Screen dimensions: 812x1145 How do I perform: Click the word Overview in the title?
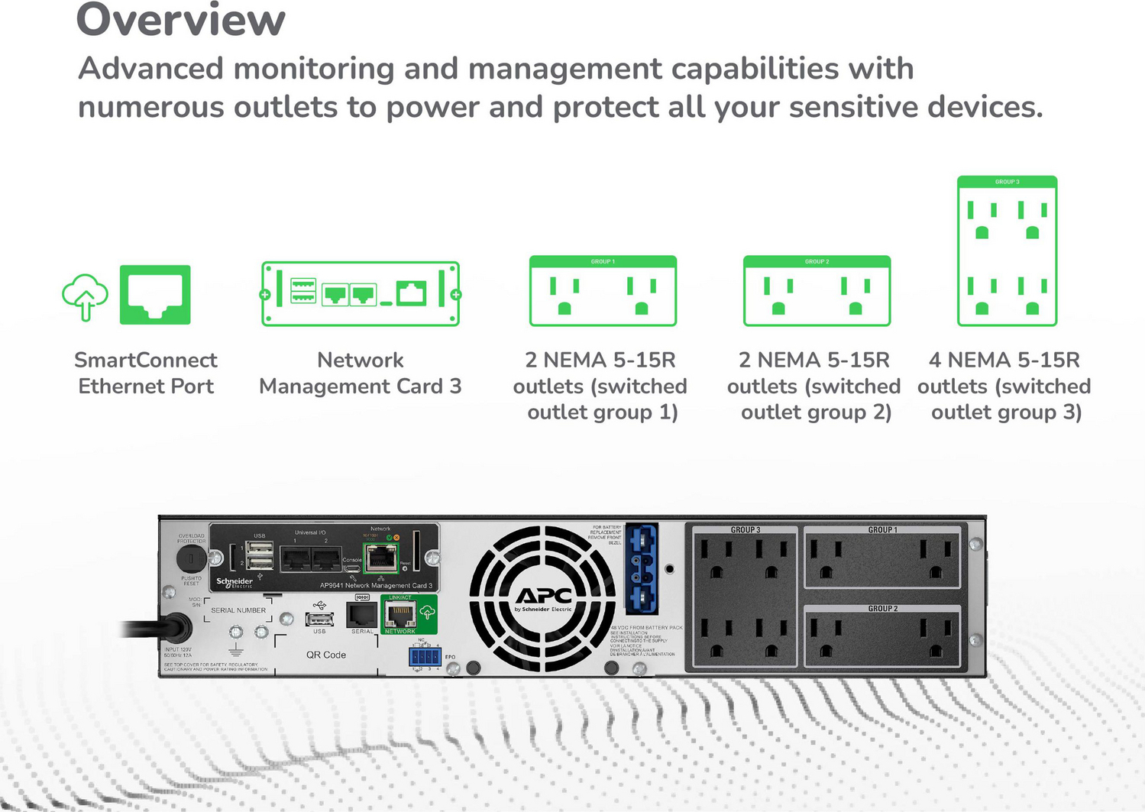[x=180, y=20]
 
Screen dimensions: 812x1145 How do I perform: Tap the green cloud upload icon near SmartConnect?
[x=85, y=296]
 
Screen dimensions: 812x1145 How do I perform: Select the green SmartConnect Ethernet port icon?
[x=155, y=295]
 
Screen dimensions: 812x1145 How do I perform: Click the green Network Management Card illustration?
[x=361, y=294]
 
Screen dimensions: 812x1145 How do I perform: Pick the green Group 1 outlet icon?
[x=603, y=291]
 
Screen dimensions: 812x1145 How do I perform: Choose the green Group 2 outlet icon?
[x=817, y=291]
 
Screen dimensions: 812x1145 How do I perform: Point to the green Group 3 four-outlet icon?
[x=1007, y=251]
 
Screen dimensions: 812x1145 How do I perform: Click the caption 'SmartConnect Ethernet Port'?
[x=146, y=373]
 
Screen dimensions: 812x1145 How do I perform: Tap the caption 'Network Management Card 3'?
[x=361, y=373]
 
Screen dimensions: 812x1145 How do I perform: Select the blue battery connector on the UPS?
[x=641, y=569]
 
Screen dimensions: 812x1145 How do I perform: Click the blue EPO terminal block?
[x=425, y=657]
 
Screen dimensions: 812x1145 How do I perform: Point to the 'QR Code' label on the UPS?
[x=326, y=655]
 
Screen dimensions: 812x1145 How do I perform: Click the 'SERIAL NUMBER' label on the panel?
[x=238, y=610]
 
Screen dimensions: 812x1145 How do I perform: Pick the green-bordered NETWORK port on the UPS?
[x=399, y=613]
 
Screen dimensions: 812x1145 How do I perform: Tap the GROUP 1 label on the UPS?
[x=882, y=529]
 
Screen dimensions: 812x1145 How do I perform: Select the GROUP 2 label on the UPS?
[x=882, y=609]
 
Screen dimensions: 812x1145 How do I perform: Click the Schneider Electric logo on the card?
[x=234, y=582]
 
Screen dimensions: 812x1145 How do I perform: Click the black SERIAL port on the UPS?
[x=362, y=614]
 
